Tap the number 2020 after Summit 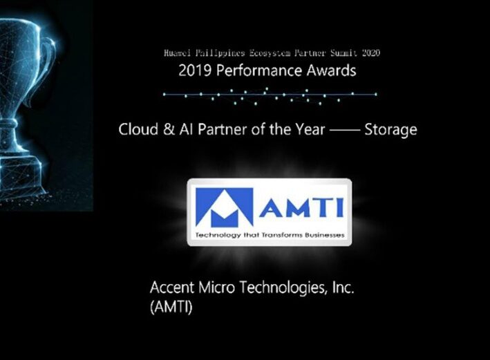pyautogui.click(x=371, y=53)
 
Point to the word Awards pyautogui.click(x=331, y=70)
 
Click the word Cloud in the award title pyautogui.click(x=138, y=129)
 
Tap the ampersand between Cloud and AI pyautogui.click(x=169, y=129)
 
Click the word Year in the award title pyautogui.click(x=312, y=129)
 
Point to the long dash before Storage pyautogui.click(x=345, y=130)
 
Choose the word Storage pyautogui.click(x=390, y=130)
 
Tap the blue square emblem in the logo pyautogui.click(x=224, y=207)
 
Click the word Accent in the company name pyautogui.click(x=172, y=287)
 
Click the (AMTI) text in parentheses pyautogui.click(x=171, y=307)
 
